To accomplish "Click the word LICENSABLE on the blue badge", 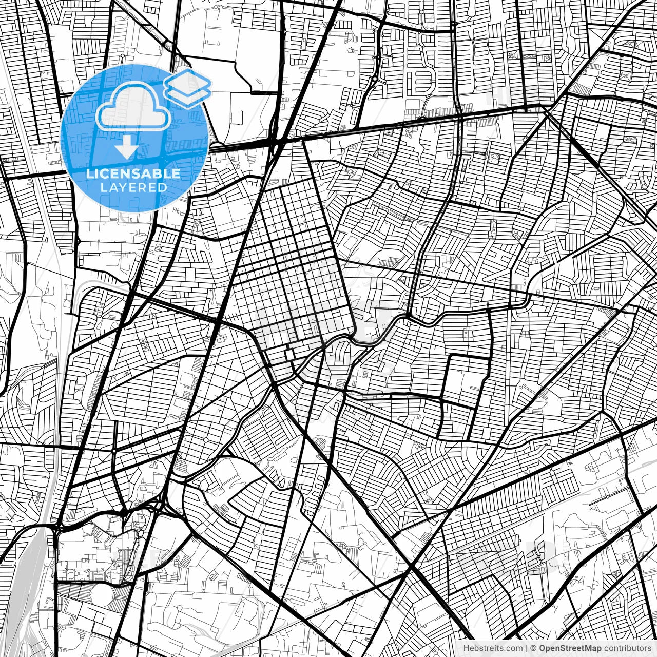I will [133, 173].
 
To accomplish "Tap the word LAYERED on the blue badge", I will [133, 187].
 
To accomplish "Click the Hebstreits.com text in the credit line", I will [493, 648].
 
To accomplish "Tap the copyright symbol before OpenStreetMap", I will [534, 648].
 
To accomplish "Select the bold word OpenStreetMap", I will [570, 648].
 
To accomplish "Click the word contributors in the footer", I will [627, 648].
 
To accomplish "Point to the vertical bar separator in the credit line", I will [527, 648].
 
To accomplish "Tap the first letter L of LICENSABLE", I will [89, 173].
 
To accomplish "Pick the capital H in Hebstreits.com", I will [466, 648].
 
